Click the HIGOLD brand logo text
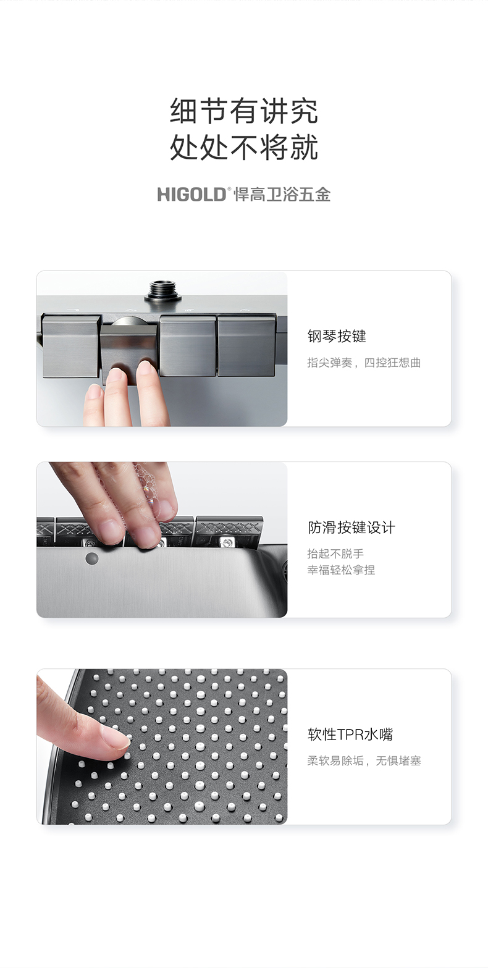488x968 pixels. pyautogui.click(x=191, y=195)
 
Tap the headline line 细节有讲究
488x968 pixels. pyautogui.click(x=244, y=111)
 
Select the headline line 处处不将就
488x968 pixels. pyautogui.click(x=244, y=148)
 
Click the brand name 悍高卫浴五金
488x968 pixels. pyautogui.click(x=282, y=195)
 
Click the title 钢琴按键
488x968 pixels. pyautogui.click(x=337, y=336)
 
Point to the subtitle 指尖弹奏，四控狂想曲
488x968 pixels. pyautogui.click(x=364, y=362)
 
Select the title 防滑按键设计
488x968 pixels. pyautogui.click(x=351, y=527)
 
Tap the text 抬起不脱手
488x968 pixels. pyautogui.click(x=335, y=553)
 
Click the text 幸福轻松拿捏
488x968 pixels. pyautogui.click(x=341, y=570)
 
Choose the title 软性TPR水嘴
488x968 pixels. pyautogui.click(x=350, y=734)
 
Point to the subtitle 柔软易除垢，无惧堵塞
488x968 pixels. pyautogui.click(x=364, y=760)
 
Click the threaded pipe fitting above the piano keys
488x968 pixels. pyautogui.click(x=164, y=291)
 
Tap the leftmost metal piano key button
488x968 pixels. pyautogui.click(x=71, y=345)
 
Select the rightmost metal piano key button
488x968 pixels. pyautogui.click(x=246, y=346)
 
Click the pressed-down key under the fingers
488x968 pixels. pyautogui.click(x=130, y=351)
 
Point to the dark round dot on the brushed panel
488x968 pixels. pyautogui.click(x=91, y=558)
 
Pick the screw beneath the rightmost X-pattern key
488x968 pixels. pyautogui.click(x=225, y=542)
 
